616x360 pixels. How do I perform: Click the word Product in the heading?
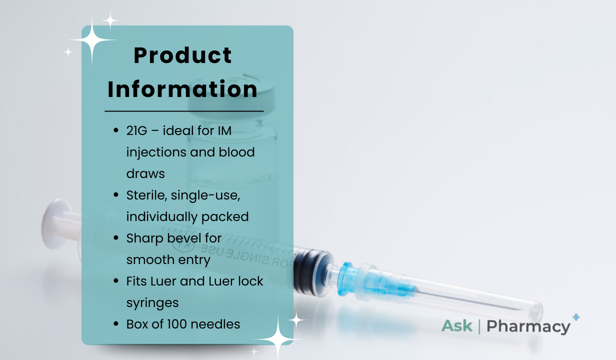[x=182, y=55]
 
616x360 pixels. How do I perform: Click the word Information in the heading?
[x=182, y=89]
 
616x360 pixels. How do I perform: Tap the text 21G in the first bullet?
[x=136, y=130]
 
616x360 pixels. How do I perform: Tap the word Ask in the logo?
[x=457, y=326]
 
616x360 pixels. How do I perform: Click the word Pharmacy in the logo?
[x=528, y=326]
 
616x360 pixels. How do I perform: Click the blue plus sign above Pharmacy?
[x=576, y=317]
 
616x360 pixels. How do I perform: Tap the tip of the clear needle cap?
[x=540, y=312]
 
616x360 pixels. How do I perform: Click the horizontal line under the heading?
[x=184, y=111]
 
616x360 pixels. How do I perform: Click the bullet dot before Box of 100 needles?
[x=116, y=324]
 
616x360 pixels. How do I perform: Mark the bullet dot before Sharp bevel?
[x=116, y=238]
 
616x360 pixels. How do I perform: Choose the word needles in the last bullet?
[x=215, y=324]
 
